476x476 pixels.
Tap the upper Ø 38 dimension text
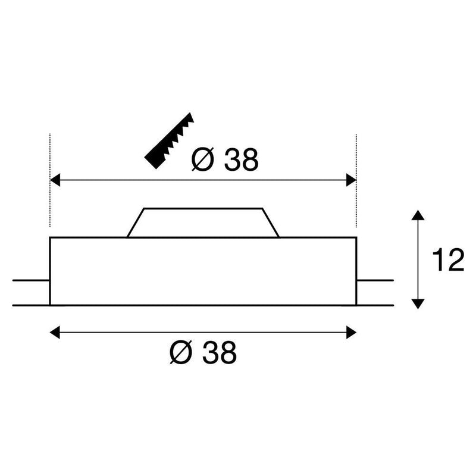tap(225, 159)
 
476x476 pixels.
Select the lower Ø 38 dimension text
tap(203, 352)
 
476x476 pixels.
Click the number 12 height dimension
tap(448, 259)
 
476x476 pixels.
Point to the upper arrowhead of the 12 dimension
tap(418, 215)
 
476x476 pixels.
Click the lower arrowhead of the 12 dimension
tap(418, 304)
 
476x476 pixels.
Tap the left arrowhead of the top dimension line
tap(55, 180)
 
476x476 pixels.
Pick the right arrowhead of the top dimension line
tap(351, 180)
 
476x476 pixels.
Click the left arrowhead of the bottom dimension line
tap(55, 333)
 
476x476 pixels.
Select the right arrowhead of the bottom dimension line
tap(351, 333)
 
